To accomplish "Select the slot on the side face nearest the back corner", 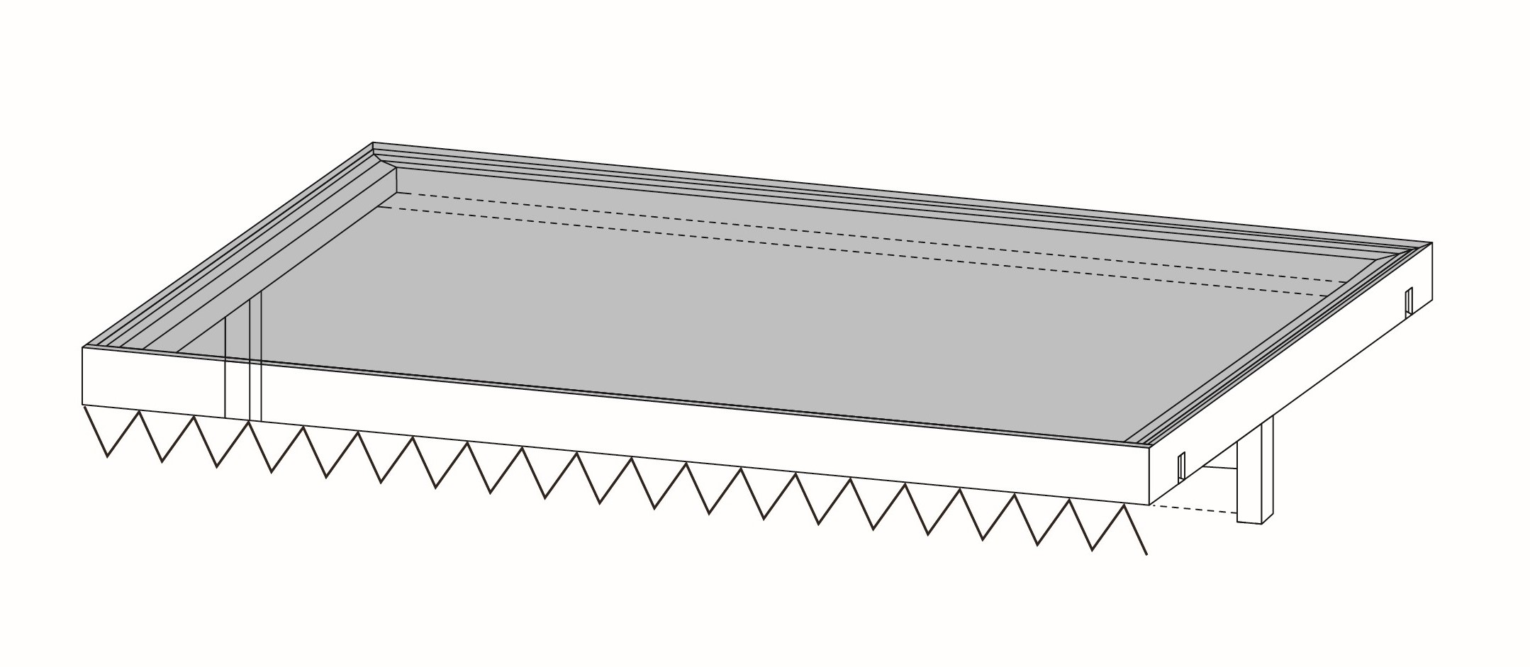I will coord(1409,302).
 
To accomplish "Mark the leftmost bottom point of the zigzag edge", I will coord(107,456).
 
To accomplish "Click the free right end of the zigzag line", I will coord(1146,554).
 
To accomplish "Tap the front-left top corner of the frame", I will coord(84,348).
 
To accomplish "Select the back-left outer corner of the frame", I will coord(373,143).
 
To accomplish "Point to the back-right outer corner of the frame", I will coord(1431,243).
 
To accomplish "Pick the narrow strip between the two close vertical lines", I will coord(256,354).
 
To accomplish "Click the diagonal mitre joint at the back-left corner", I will coord(384,155).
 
